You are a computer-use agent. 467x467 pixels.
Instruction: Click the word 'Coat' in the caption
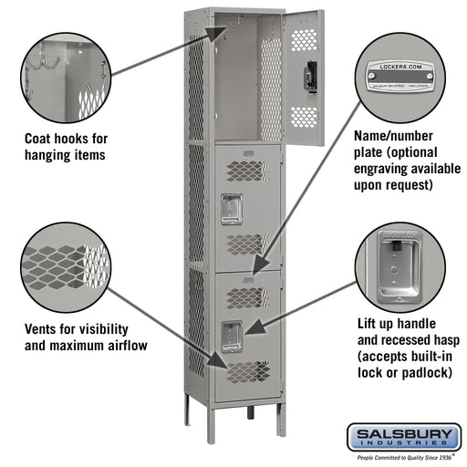coord(42,140)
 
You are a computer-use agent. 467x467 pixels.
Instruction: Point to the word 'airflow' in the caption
coord(123,346)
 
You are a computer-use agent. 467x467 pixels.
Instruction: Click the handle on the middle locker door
coord(231,208)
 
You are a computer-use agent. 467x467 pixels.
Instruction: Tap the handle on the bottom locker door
coord(231,336)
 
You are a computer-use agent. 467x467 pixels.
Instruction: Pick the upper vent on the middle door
coord(247,170)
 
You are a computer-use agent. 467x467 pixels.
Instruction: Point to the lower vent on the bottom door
coord(247,371)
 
